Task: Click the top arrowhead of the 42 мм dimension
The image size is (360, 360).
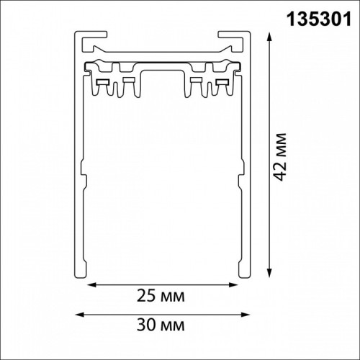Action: pos(269,35)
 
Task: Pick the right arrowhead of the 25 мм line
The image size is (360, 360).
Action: pos(237,286)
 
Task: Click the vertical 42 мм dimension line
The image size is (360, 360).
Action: pos(269,216)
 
